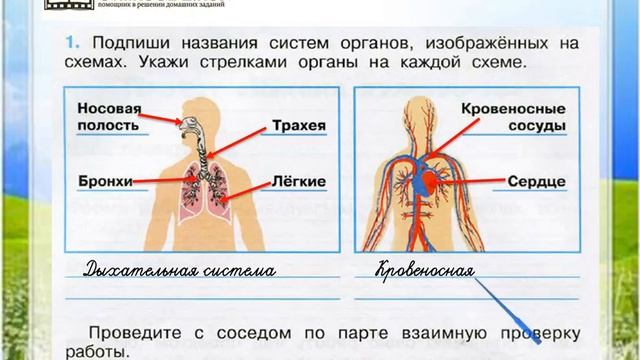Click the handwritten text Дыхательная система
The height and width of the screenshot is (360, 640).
coord(179,270)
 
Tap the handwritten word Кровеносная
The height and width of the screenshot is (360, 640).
coord(424,270)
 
